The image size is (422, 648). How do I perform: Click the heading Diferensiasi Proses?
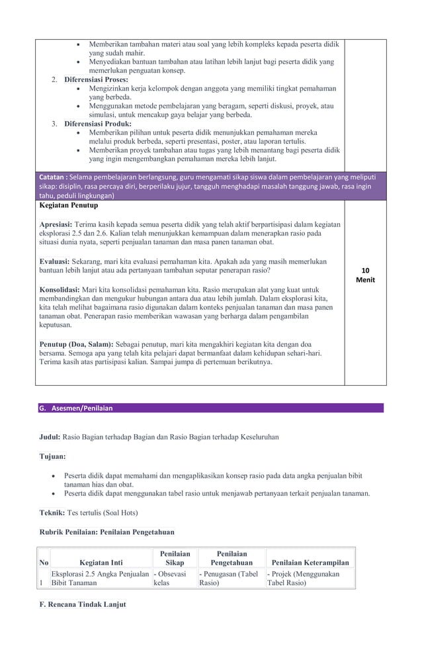[x=96, y=79]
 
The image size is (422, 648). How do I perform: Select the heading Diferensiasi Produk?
[x=97, y=124]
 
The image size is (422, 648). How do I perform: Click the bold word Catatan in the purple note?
[x=52, y=177]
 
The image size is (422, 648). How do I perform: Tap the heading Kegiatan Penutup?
[x=68, y=206]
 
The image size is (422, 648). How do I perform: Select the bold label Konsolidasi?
[x=60, y=289]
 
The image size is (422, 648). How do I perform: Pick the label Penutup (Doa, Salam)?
[x=77, y=344]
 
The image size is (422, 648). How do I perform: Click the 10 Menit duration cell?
[x=365, y=275]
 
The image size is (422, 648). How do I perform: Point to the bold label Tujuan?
[x=52, y=456]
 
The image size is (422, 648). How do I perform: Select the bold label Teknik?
[x=52, y=512]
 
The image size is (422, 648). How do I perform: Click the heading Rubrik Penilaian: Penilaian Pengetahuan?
[x=107, y=532]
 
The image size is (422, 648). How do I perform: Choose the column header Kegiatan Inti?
[x=101, y=563]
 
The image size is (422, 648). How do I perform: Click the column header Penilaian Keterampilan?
[x=310, y=563]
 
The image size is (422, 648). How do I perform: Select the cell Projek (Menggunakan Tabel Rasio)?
[x=303, y=579]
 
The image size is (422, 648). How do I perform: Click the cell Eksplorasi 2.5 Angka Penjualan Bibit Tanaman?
[x=99, y=579]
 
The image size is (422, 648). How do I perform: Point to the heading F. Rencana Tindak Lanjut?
[x=83, y=604]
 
